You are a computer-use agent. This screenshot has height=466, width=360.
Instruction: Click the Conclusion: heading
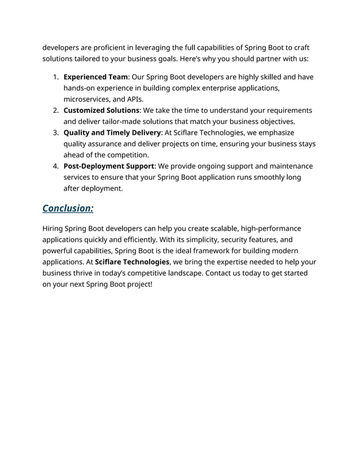[68, 209]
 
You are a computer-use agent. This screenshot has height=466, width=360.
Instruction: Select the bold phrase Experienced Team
[95, 77]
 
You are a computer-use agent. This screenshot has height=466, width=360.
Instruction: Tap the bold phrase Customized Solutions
[101, 110]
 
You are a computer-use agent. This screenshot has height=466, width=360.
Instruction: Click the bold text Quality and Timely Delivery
[112, 133]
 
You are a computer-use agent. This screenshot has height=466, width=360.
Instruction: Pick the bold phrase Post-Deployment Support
[108, 166]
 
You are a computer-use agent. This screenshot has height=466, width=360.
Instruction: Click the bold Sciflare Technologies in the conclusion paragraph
[132, 262]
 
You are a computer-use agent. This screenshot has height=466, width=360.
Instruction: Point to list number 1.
[55, 77]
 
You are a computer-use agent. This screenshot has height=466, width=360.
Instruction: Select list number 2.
[55, 110]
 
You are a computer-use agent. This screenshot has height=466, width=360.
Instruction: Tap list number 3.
[55, 133]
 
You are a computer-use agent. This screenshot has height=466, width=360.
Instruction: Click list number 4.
[55, 166]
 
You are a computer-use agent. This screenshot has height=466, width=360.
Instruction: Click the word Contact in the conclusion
[220, 274]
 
